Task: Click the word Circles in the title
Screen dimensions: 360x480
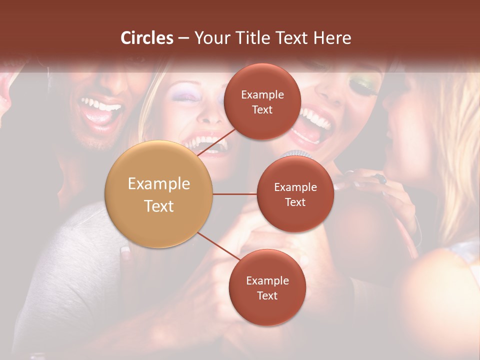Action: (x=147, y=38)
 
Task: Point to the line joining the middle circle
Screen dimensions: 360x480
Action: (x=234, y=194)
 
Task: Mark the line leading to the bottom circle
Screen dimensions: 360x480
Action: (x=218, y=246)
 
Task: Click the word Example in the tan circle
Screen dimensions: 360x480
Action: (x=158, y=184)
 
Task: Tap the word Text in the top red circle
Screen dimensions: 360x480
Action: (x=262, y=109)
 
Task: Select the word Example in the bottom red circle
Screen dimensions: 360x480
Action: (x=267, y=280)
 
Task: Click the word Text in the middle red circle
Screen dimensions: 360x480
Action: (x=295, y=202)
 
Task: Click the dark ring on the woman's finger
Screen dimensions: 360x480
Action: (x=381, y=178)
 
